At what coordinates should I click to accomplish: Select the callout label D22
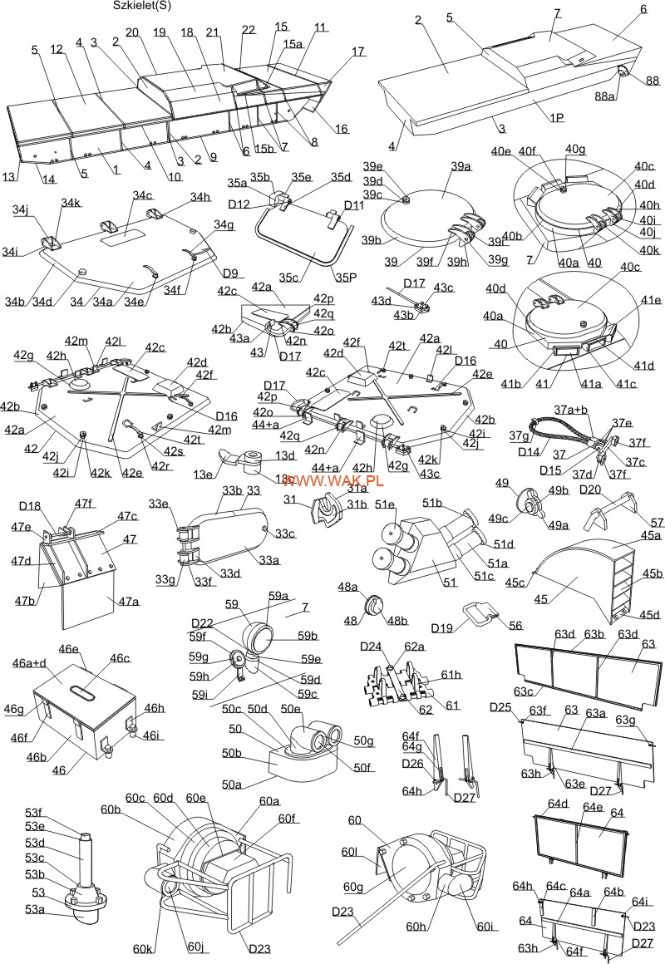[202, 623]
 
